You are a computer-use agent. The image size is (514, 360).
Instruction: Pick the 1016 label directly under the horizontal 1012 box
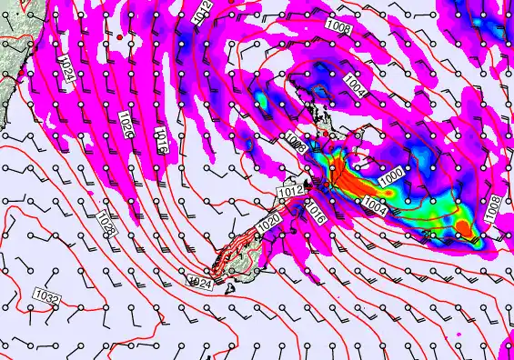click(x=315, y=214)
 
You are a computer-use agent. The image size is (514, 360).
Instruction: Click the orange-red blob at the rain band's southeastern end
click(x=464, y=226)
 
